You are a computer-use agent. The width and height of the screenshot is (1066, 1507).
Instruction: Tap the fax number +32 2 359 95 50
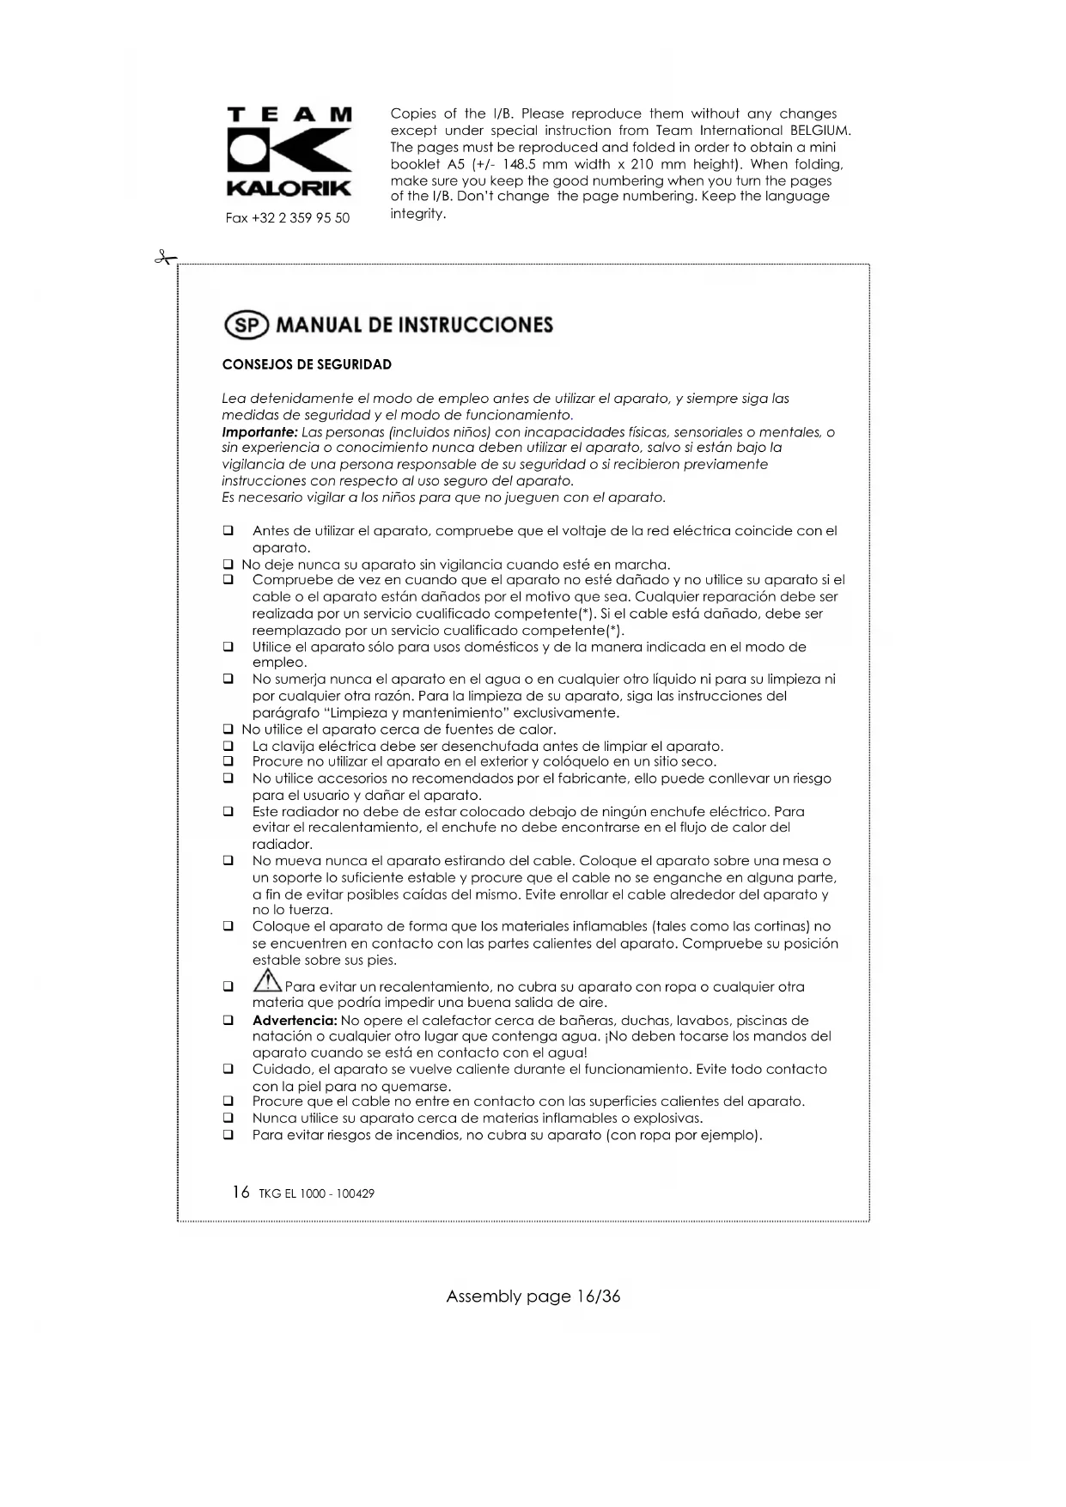click(288, 218)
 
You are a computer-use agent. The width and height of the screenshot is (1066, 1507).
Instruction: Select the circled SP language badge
click(246, 325)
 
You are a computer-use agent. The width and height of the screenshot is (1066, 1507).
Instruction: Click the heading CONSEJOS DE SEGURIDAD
click(307, 365)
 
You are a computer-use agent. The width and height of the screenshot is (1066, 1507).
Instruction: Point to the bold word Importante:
click(259, 432)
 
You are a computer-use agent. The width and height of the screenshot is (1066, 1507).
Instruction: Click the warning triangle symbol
click(268, 980)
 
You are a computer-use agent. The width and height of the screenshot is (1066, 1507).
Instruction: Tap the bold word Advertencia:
click(295, 1021)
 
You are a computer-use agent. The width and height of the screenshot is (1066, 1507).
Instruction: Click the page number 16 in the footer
click(241, 1193)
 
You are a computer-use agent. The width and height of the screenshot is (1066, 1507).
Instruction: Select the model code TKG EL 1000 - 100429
click(316, 1193)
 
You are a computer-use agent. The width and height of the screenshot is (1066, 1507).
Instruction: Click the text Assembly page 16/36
click(533, 1297)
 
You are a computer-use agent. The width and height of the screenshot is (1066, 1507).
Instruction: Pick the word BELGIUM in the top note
click(820, 131)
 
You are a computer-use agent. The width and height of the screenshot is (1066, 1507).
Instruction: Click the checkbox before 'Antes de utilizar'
click(228, 531)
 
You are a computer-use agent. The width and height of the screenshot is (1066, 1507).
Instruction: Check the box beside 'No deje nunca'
click(228, 564)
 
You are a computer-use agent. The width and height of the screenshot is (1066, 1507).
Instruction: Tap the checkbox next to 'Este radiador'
click(228, 811)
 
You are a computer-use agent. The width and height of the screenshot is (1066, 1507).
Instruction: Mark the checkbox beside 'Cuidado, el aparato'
click(228, 1070)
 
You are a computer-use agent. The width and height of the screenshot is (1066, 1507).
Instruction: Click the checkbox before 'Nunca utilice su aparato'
click(228, 1119)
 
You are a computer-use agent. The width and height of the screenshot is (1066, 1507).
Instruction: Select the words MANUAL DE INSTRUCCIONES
click(415, 325)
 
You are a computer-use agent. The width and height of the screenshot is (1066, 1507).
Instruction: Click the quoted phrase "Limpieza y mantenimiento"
click(436, 713)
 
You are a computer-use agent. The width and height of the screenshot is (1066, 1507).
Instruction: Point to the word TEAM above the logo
click(289, 115)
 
